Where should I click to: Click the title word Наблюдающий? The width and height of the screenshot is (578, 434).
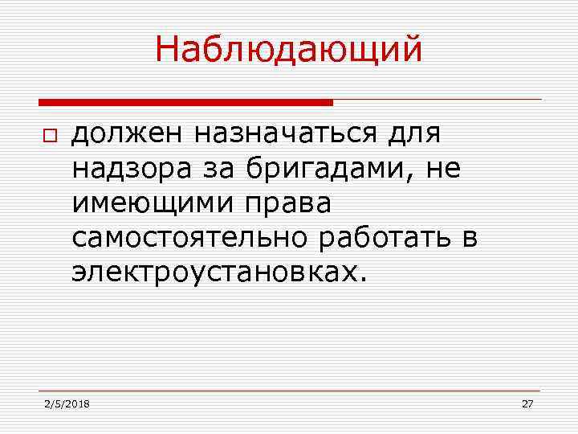(x=288, y=50)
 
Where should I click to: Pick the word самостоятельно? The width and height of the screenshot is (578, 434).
(x=189, y=238)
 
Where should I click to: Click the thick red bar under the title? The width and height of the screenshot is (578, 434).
(x=185, y=103)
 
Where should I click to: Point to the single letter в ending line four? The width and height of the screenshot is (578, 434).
(x=470, y=238)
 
